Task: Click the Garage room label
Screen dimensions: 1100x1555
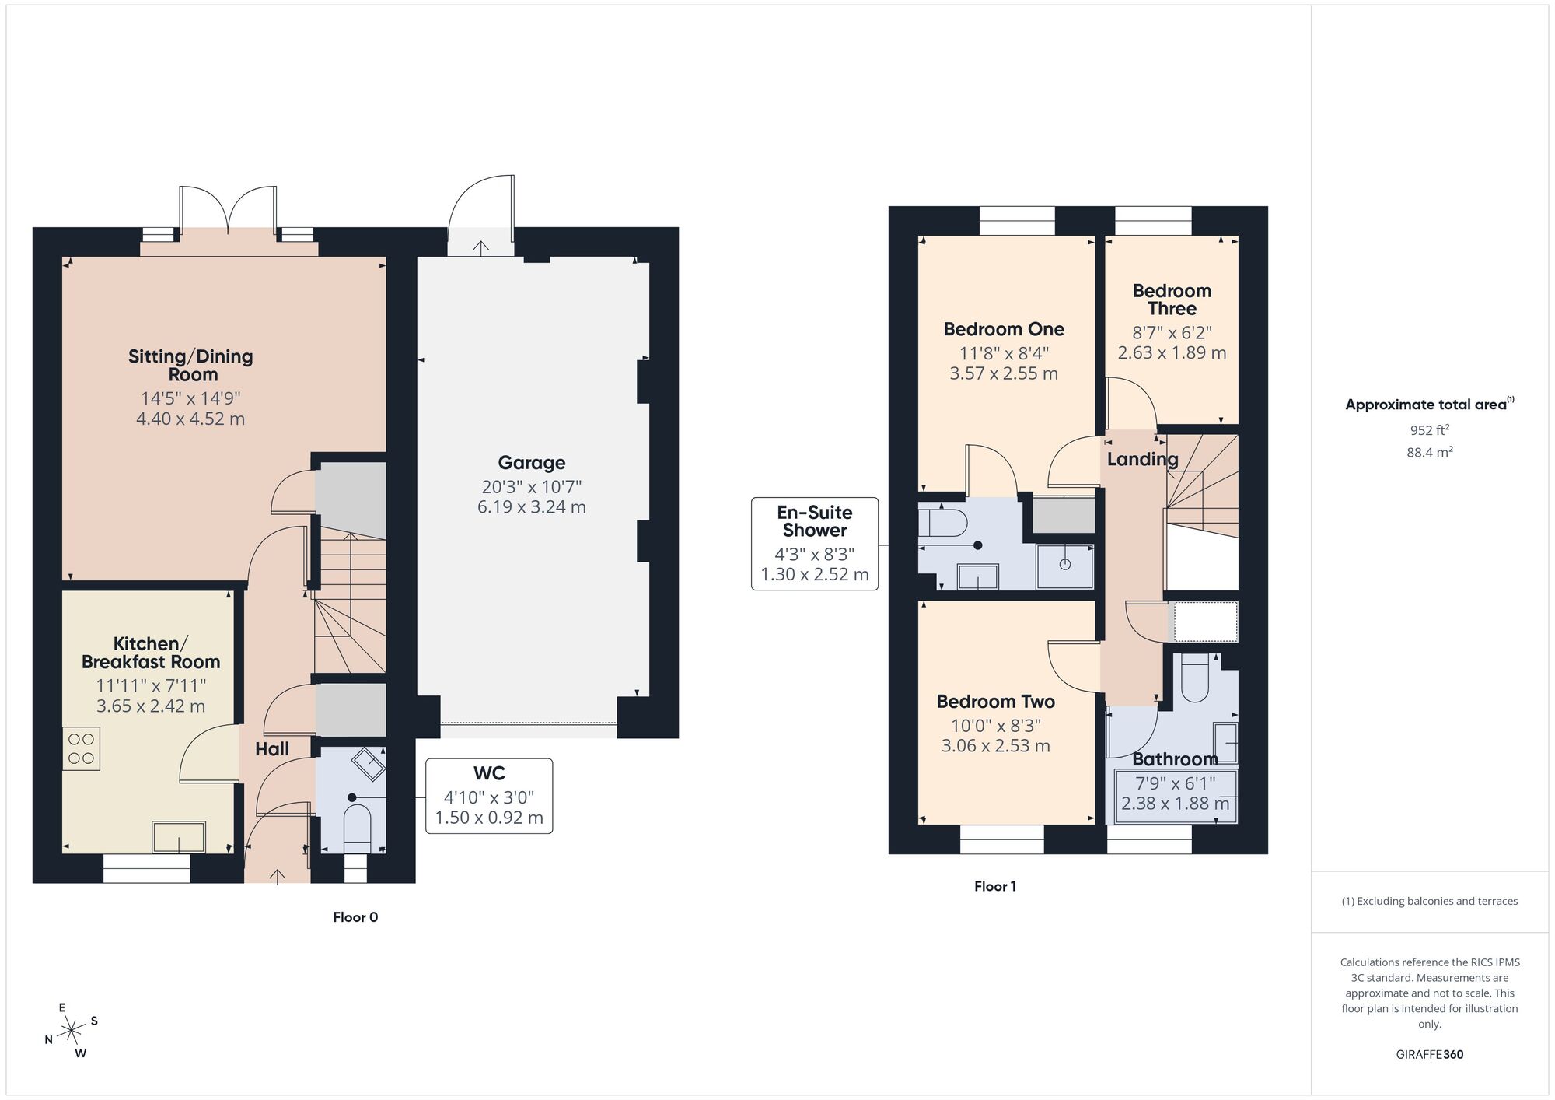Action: point(531,463)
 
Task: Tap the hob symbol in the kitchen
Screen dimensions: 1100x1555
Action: point(81,748)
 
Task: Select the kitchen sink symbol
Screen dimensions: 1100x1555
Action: point(180,837)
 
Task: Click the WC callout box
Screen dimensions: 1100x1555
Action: point(489,796)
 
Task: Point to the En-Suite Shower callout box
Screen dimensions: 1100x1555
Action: point(814,544)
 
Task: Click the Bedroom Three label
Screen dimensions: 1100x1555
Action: point(1172,300)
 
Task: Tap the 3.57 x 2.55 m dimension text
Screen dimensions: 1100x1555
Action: point(1003,373)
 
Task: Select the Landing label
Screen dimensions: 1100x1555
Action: point(1142,459)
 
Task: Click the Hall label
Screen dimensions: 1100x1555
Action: point(272,749)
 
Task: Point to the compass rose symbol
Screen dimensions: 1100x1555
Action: point(72,1031)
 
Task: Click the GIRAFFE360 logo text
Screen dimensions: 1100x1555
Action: point(1429,1054)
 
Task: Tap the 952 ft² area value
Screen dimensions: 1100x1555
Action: point(1429,429)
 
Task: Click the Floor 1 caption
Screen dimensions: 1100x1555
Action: point(994,886)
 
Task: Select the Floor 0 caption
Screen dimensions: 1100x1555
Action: point(355,917)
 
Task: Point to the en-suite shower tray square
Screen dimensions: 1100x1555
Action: point(1064,565)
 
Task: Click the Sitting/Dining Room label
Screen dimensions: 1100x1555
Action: point(191,365)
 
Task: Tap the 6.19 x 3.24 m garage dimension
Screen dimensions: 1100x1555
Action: point(531,507)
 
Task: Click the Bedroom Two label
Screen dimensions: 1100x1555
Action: point(995,702)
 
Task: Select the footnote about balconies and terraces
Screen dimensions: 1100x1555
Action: point(1429,901)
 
